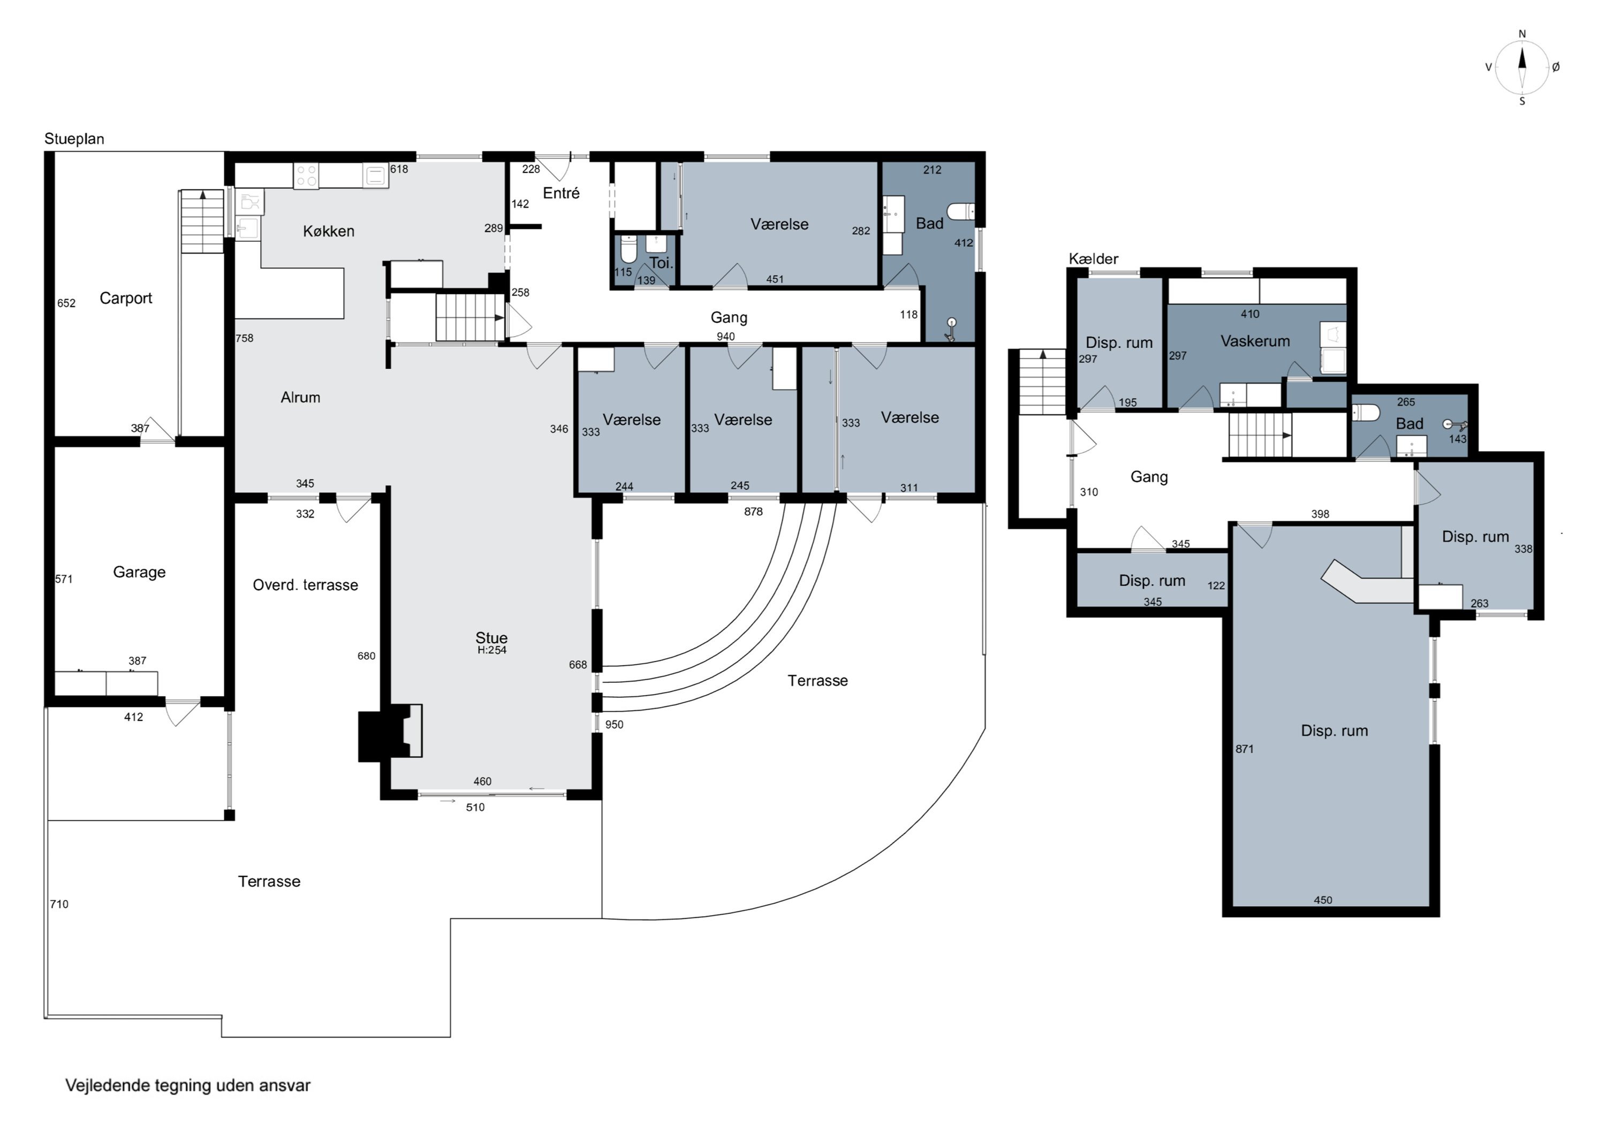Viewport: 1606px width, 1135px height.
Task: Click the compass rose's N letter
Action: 1522,34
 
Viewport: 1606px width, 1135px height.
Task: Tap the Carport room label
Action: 126,299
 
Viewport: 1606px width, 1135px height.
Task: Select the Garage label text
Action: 139,572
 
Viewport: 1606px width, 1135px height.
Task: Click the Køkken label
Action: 329,231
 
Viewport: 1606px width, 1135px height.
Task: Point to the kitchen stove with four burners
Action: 306,175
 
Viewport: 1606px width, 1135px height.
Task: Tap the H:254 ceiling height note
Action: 492,650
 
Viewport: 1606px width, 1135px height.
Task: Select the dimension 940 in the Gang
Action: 725,337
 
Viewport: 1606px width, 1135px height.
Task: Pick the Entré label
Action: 561,193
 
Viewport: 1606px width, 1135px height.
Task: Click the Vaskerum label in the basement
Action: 1255,341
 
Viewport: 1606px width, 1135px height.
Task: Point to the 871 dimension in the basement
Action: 1244,749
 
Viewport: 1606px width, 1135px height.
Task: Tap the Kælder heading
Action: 1093,259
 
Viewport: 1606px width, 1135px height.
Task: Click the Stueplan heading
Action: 74,139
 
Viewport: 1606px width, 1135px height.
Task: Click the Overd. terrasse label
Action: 306,585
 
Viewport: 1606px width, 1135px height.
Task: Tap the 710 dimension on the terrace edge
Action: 59,904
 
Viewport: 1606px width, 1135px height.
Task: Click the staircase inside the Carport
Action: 202,221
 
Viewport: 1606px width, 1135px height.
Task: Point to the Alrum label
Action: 300,397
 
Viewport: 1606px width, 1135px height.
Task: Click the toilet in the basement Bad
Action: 1366,413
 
